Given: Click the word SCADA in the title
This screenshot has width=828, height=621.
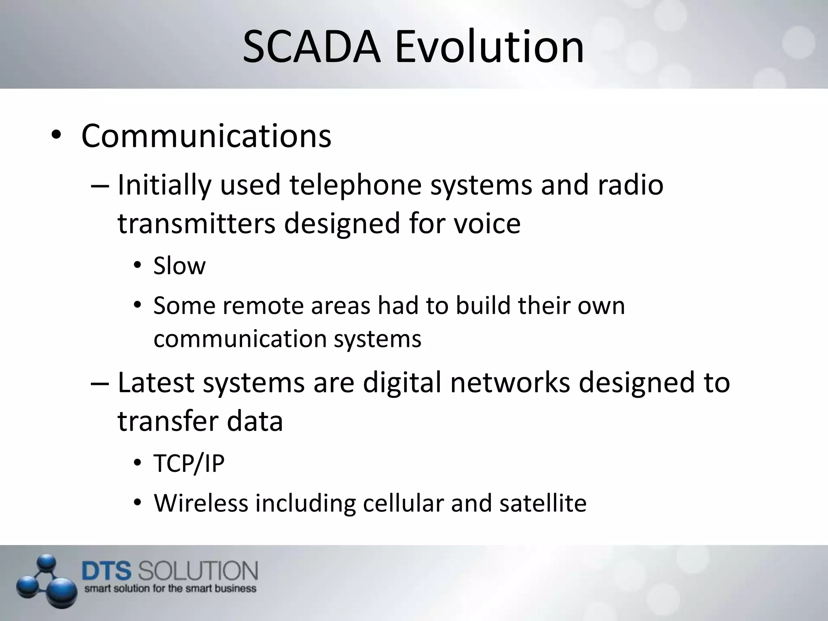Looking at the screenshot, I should pyautogui.click(x=311, y=48).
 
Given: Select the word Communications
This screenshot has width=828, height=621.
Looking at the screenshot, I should pyautogui.click(x=206, y=136).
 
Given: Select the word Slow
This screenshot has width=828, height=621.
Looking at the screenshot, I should pyautogui.click(x=179, y=266).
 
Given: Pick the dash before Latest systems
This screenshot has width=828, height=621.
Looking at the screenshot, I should pyautogui.click(x=99, y=382).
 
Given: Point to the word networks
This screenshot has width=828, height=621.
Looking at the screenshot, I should pyautogui.click(x=510, y=382).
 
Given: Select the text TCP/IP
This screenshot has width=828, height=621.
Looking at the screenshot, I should pyautogui.click(x=189, y=463).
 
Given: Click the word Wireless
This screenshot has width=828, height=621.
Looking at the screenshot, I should pyautogui.click(x=201, y=503).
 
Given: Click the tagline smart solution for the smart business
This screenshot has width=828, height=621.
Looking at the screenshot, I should pyautogui.click(x=170, y=589).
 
